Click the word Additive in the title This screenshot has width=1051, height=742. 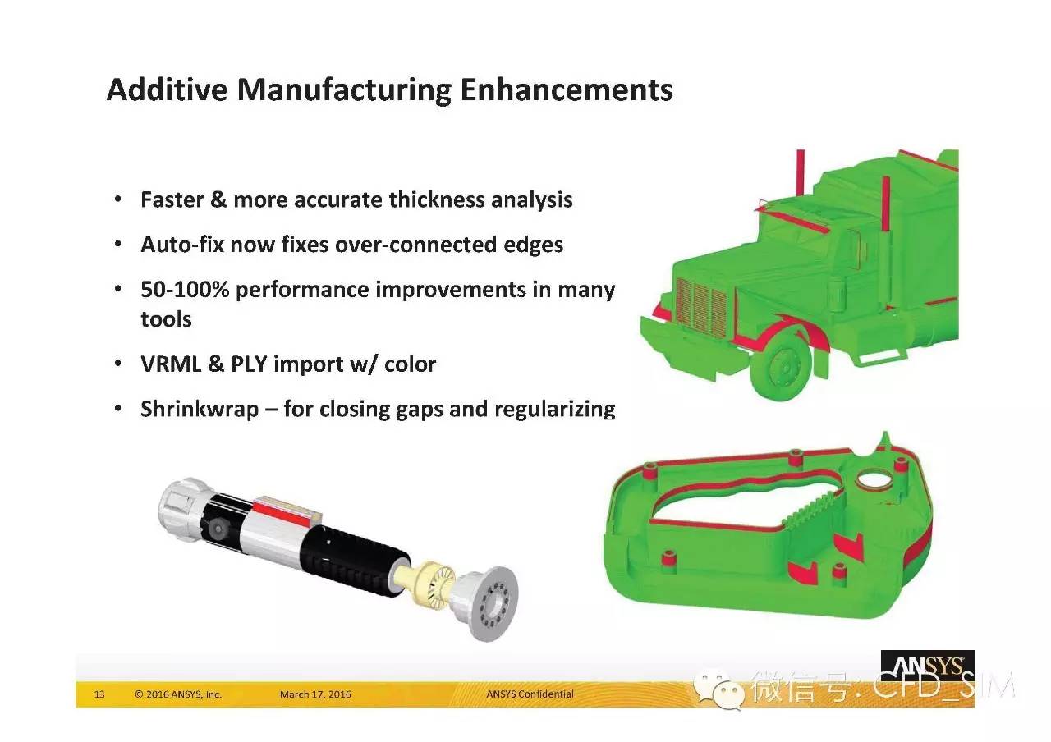(x=168, y=89)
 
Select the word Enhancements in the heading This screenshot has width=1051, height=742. (x=567, y=89)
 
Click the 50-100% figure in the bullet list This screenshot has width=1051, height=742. (x=185, y=290)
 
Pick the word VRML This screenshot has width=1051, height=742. (x=171, y=364)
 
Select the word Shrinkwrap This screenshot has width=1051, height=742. (x=200, y=410)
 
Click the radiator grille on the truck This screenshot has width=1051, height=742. (x=701, y=307)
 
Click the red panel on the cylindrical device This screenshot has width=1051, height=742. (x=282, y=512)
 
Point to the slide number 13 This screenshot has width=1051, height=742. (x=99, y=694)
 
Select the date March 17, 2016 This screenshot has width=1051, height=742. (x=315, y=694)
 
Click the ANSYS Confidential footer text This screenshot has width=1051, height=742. (x=530, y=694)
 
